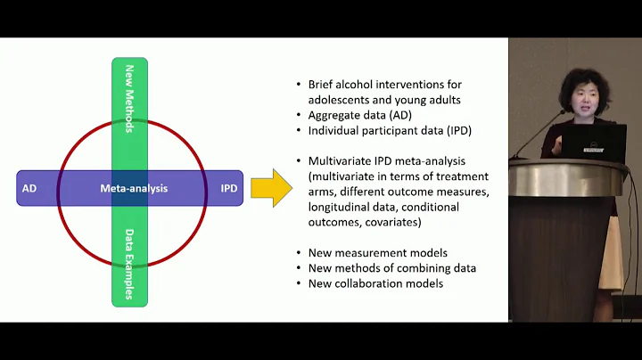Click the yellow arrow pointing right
(x=271, y=188)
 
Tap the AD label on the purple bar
(x=29, y=188)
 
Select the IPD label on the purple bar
(x=229, y=188)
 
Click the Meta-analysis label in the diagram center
(x=134, y=188)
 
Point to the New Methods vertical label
(x=129, y=98)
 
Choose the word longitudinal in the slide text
(x=339, y=206)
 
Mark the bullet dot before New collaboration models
(x=300, y=284)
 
